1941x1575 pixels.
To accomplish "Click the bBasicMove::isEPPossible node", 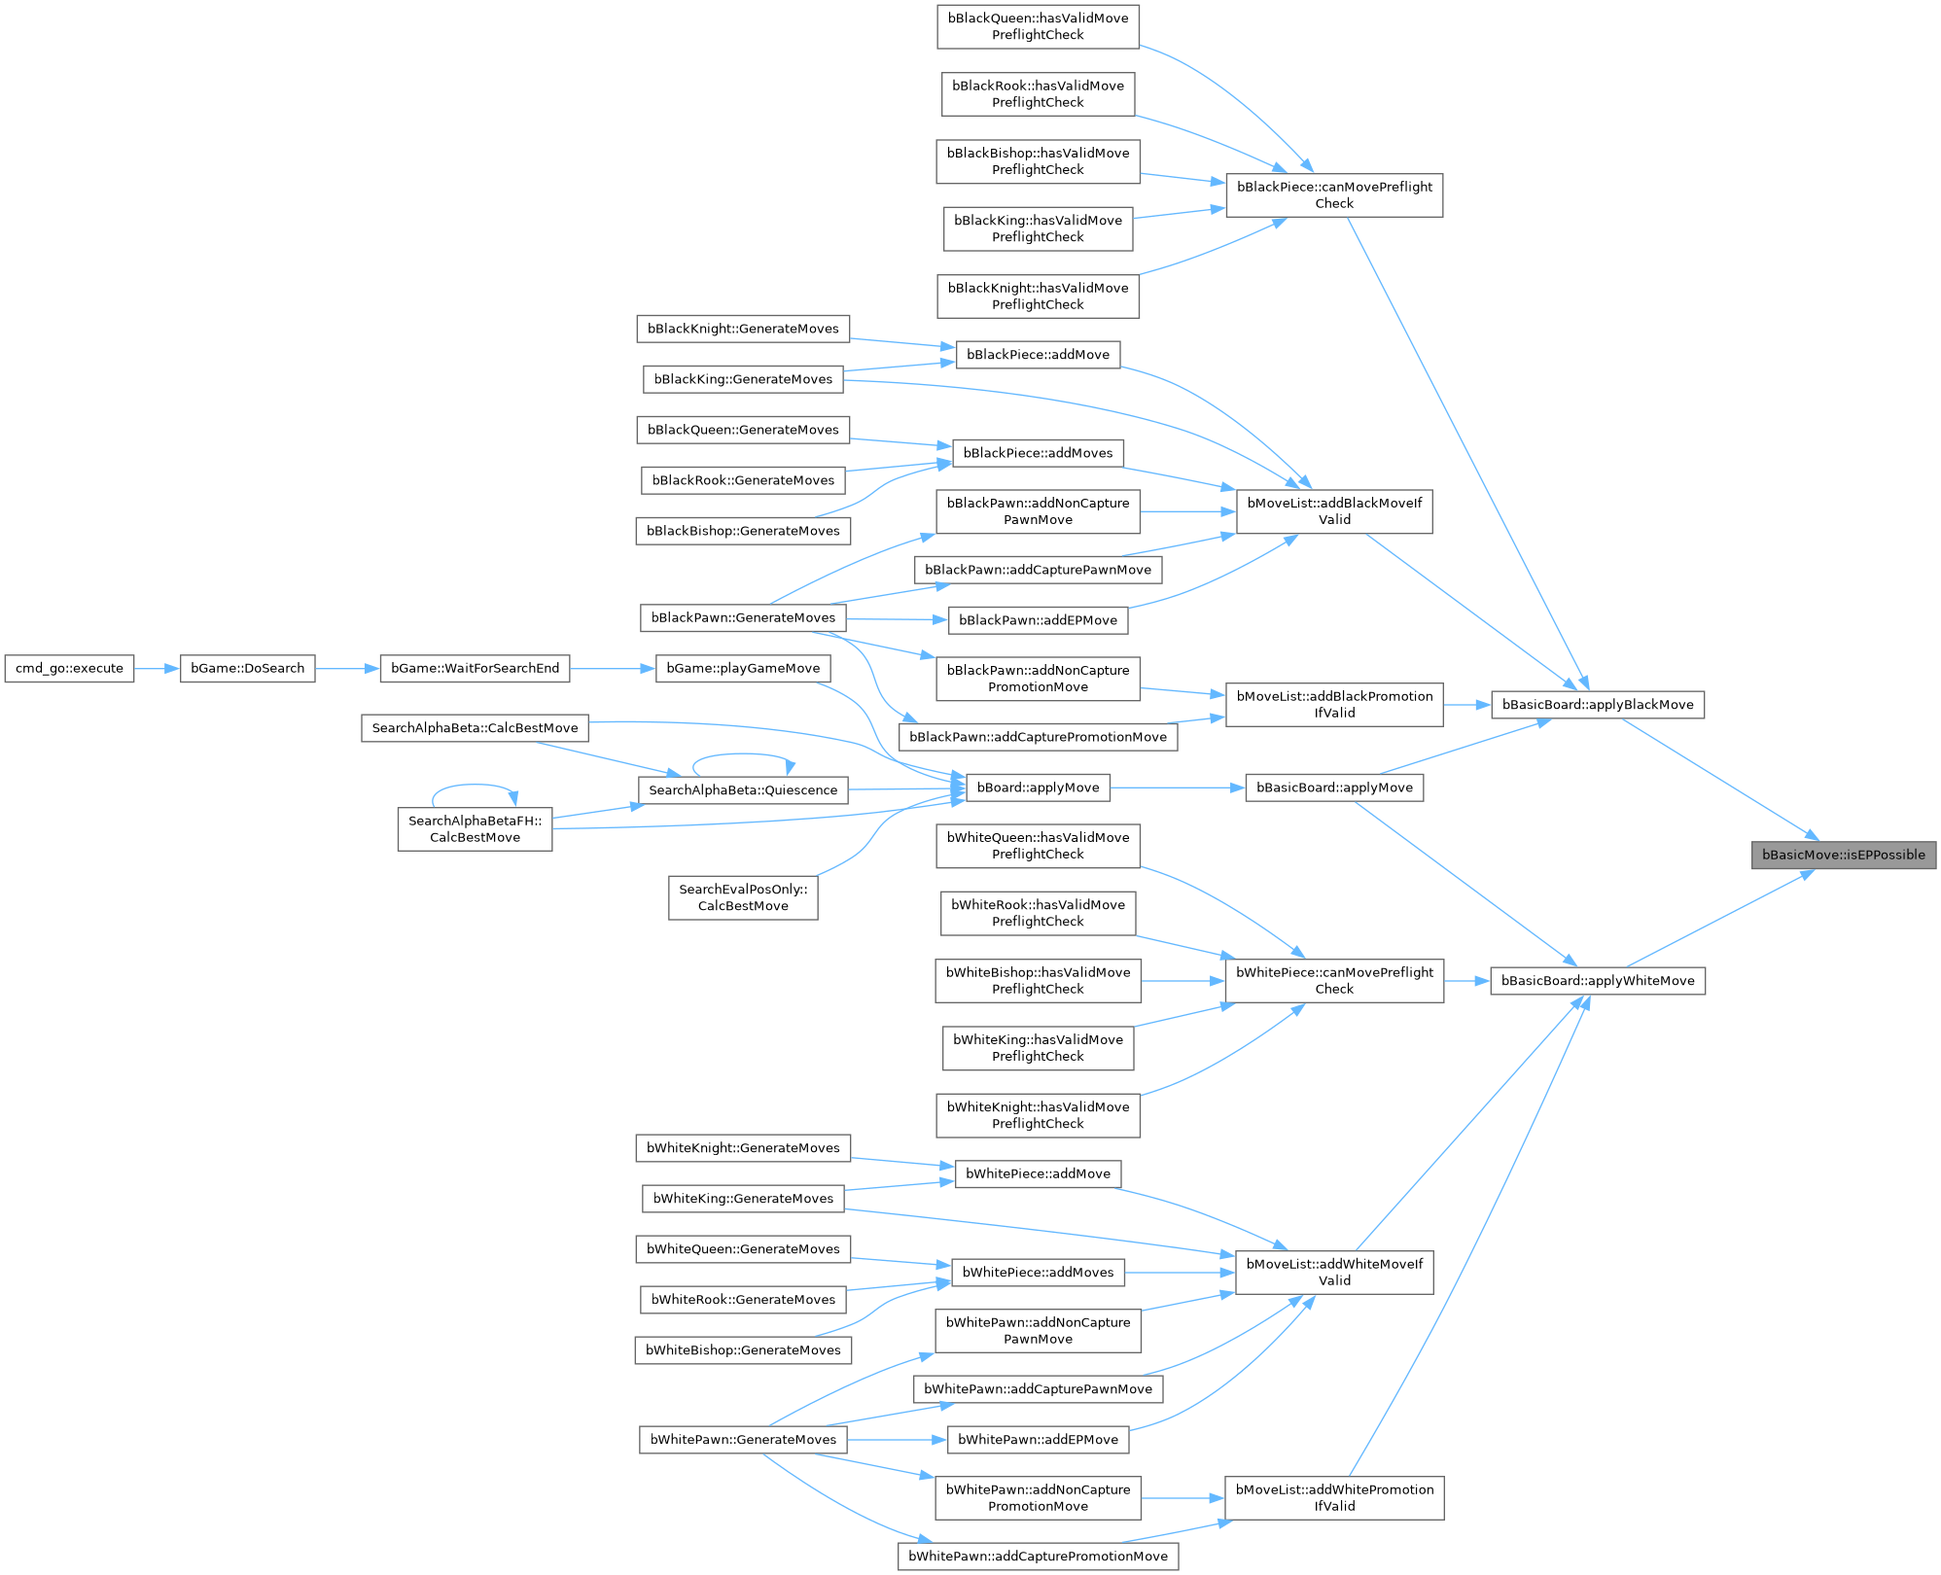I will coord(1843,856).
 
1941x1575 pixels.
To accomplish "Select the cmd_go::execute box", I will coord(69,669).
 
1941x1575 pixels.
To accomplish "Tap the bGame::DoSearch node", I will coord(247,669).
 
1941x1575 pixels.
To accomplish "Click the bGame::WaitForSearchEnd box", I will coord(475,669).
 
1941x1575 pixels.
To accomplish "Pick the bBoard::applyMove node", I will coord(1038,787).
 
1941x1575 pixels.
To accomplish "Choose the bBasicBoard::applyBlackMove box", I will coord(1597,705).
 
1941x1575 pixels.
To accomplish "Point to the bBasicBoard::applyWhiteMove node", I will coord(1597,981).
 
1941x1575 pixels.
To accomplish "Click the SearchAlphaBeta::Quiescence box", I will coord(743,790).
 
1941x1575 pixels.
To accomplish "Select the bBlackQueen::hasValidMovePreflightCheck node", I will coord(1038,26).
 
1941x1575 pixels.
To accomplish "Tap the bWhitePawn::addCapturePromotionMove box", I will coord(1038,1557).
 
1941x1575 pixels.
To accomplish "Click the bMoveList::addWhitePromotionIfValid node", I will coord(1334,1498).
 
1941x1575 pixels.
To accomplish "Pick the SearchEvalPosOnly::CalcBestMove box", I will coord(743,897).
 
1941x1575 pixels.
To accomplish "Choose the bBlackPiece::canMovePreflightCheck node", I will coord(1334,195).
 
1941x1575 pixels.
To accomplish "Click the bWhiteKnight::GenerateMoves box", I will coord(743,1148).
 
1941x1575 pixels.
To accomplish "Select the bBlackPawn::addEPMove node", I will coord(1038,620).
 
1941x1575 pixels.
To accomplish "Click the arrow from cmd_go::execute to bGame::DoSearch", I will coord(157,669).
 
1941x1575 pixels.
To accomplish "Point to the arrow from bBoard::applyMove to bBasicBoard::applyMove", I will coord(1177,787).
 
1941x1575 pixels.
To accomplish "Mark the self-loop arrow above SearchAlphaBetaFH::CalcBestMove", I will coord(475,786).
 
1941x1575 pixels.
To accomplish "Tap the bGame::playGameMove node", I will coord(743,669).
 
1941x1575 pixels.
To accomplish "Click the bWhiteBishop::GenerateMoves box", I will coord(743,1350).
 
